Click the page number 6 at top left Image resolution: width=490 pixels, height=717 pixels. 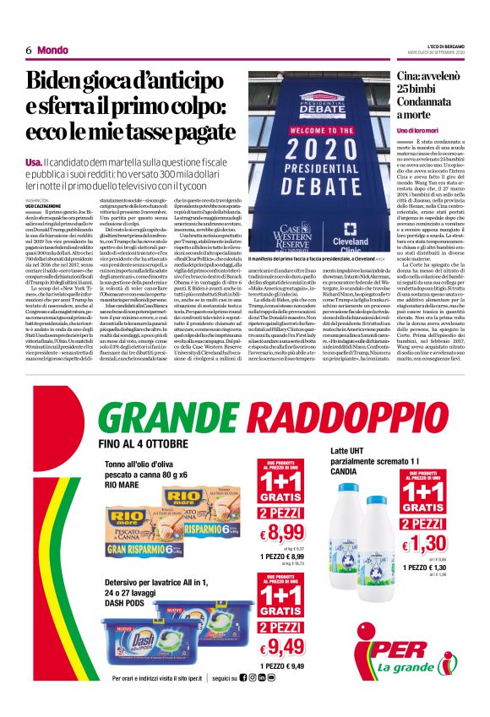(x=29, y=50)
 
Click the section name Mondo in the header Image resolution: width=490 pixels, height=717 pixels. (x=52, y=50)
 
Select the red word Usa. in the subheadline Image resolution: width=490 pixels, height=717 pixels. (x=35, y=161)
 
